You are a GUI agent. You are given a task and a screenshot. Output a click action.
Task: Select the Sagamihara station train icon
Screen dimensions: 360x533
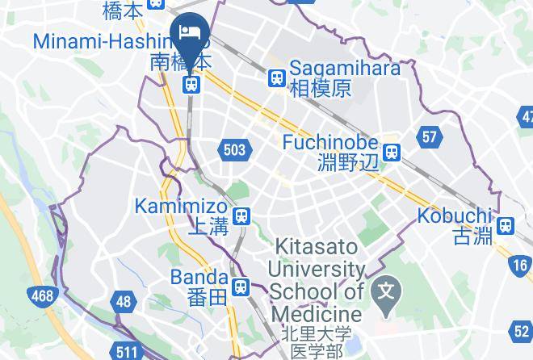[277, 78]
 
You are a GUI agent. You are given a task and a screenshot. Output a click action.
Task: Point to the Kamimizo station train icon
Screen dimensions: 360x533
[241, 216]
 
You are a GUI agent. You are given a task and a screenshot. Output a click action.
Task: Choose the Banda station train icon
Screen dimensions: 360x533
[240, 287]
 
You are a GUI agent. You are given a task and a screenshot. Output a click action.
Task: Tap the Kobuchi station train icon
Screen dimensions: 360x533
[506, 226]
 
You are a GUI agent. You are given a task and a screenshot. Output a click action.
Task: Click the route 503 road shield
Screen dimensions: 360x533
[234, 149]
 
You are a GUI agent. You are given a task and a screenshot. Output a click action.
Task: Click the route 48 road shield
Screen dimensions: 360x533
[123, 302]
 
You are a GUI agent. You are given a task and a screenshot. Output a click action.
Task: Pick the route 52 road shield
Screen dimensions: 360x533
[522, 331]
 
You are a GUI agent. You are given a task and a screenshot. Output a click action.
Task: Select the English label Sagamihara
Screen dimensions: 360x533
[344, 68]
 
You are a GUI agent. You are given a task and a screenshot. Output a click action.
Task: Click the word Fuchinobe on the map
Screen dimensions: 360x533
[330, 142]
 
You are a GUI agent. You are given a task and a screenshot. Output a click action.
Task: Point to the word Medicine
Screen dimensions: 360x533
[317, 313]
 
